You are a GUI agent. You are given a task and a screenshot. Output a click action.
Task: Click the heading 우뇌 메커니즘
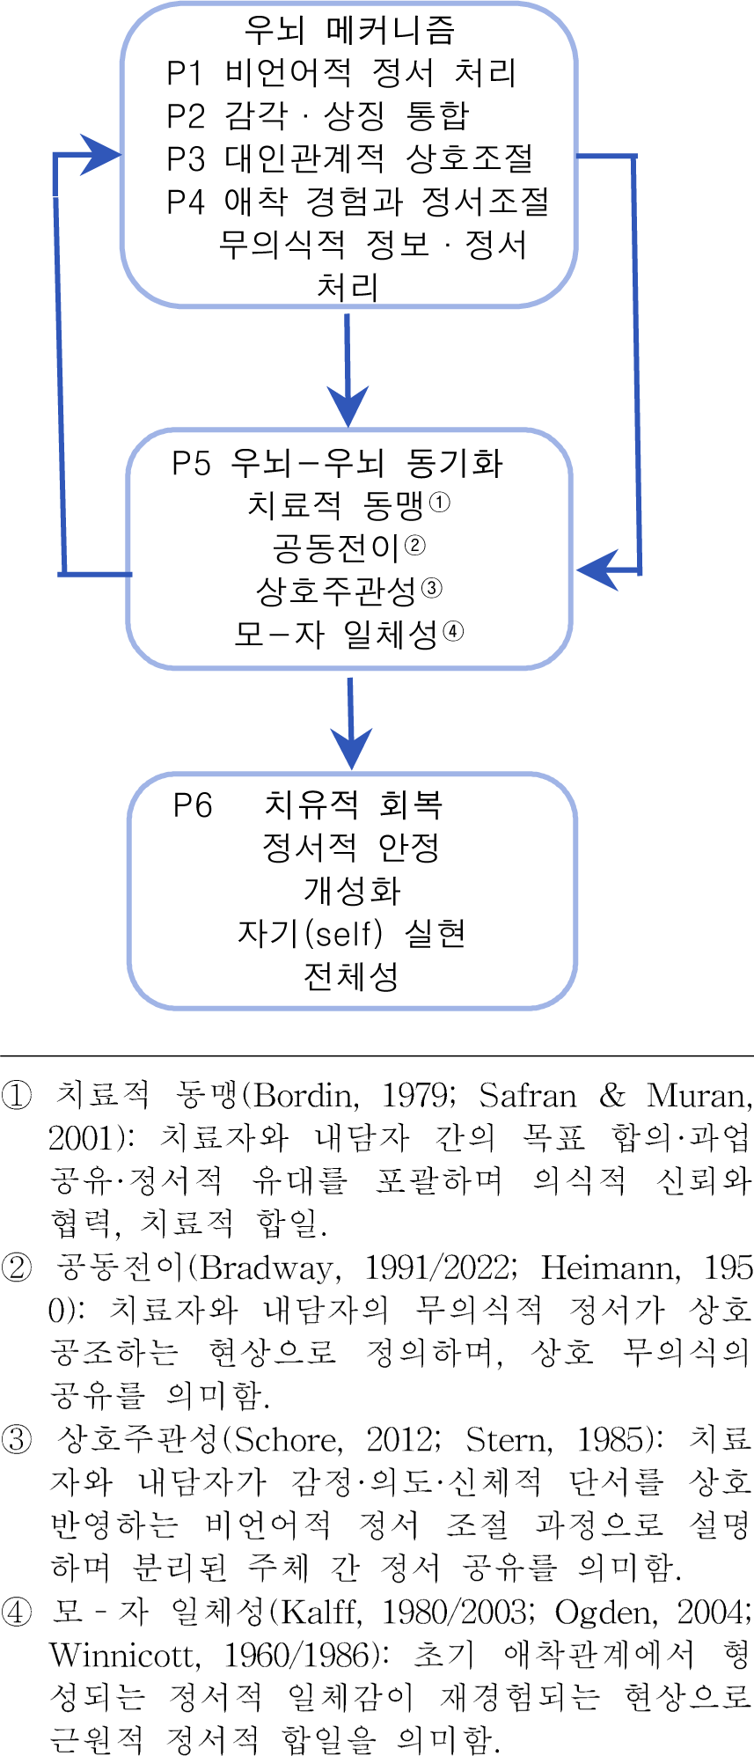349,30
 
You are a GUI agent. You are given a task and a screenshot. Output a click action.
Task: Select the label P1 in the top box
186,73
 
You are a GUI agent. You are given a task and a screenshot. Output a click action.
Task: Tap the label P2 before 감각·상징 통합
186,115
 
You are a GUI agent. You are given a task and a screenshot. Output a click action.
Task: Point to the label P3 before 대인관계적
186,158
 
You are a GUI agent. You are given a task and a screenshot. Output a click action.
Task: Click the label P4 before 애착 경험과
186,202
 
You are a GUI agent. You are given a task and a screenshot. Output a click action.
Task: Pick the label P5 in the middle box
191,463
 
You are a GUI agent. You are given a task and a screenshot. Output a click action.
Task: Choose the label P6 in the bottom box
192,805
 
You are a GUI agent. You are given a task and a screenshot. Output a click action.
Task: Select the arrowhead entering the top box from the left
101,156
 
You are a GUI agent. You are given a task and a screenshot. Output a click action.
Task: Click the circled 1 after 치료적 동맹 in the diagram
439,503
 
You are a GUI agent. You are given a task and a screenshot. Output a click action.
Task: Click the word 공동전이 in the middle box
336,548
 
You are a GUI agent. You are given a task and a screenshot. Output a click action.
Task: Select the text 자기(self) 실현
351,933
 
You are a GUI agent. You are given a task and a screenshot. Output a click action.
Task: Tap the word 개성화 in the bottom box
352,890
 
